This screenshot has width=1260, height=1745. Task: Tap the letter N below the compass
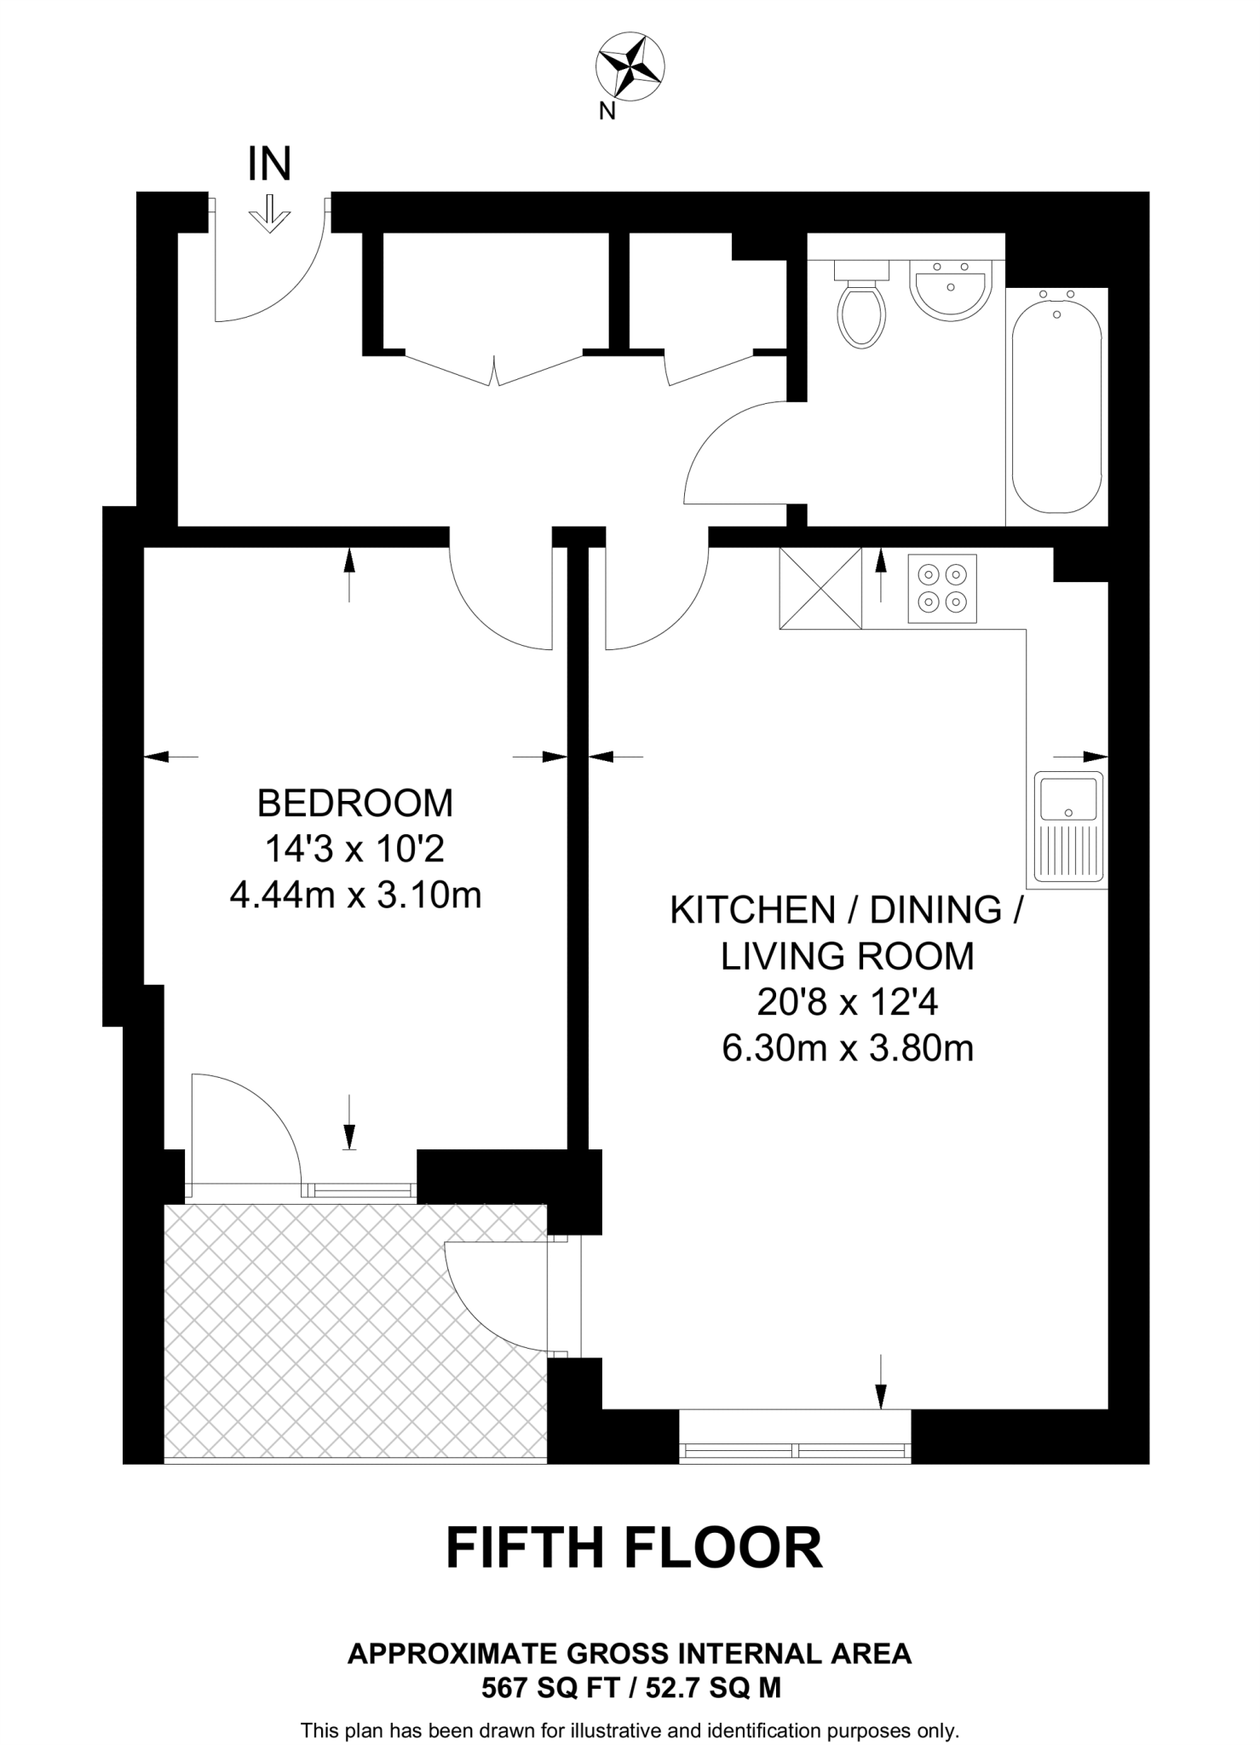607,111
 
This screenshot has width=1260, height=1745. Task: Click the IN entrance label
269,164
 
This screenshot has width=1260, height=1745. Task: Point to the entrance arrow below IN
269,214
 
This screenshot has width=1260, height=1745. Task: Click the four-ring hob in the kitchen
941,589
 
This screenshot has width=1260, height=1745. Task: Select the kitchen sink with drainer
1068,826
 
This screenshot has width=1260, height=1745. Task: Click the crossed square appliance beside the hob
820,589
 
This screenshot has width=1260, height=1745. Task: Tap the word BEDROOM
355,803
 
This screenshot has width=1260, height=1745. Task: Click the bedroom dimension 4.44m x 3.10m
355,896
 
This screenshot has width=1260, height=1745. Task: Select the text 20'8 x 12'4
847,1003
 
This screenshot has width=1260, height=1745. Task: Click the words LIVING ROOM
847,957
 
